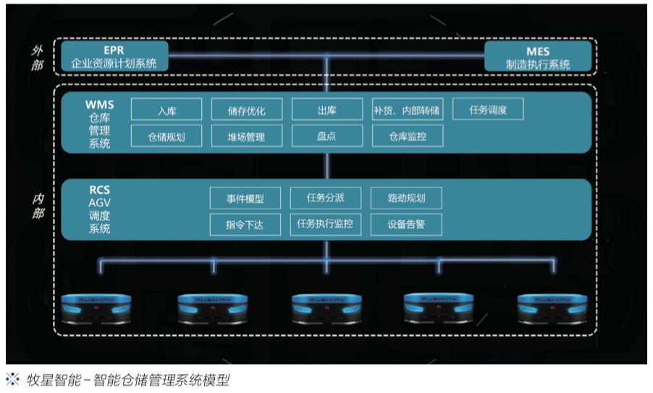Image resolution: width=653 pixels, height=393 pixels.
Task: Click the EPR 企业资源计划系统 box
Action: pyautogui.click(x=114, y=57)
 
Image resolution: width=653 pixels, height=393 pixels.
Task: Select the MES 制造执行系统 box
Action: pyautogui.click(x=538, y=57)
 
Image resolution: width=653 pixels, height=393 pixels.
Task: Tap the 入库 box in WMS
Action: pyautogui.click(x=166, y=111)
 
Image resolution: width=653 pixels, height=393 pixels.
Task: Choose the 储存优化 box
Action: pyautogui.click(x=246, y=111)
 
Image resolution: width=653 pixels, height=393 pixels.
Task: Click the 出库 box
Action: pyautogui.click(x=326, y=111)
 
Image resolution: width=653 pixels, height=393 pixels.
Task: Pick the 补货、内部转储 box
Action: pyautogui.click(x=406, y=111)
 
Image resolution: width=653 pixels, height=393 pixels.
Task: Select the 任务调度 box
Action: pyautogui.click(x=487, y=110)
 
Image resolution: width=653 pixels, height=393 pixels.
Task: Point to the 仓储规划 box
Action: pyautogui.click(x=166, y=136)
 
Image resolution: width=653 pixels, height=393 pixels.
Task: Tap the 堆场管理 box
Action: pyautogui.click(x=246, y=136)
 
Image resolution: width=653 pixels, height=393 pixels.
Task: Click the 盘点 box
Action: pyautogui.click(x=326, y=136)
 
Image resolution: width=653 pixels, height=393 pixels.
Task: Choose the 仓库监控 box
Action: pyautogui.click(x=406, y=136)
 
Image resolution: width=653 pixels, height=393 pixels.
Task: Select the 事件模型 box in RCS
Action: pyautogui.click(x=245, y=198)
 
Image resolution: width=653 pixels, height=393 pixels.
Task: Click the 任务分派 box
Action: pyautogui.click(x=325, y=198)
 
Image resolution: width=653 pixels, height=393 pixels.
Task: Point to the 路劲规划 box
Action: pyautogui.click(x=405, y=198)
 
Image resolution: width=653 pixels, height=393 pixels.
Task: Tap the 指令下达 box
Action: pyautogui.click(x=245, y=224)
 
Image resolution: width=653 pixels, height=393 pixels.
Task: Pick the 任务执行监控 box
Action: pyautogui.click(x=325, y=224)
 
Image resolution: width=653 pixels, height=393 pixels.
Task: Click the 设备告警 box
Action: pyautogui.click(x=405, y=224)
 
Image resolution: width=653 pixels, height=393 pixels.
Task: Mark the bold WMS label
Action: pyautogui.click(x=99, y=105)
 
